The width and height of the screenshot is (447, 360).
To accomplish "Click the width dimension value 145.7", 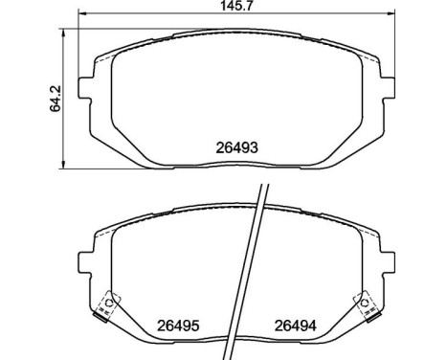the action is pyautogui.click(x=236, y=6).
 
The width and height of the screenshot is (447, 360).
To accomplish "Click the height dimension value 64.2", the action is pyautogui.click(x=56, y=99).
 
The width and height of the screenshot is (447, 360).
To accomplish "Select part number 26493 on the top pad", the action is pyautogui.click(x=236, y=147).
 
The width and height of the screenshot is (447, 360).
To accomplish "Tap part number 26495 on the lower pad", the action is pyautogui.click(x=178, y=326).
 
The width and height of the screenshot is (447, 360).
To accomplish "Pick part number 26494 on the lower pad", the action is pyautogui.click(x=296, y=326).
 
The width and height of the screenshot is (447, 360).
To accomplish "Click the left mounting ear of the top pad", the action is pyautogui.click(x=85, y=88).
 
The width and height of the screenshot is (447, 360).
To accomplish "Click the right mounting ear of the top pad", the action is pyautogui.click(x=388, y=88).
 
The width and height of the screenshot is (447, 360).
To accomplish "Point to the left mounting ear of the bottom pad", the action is pyautogui.click(x=85, y=262).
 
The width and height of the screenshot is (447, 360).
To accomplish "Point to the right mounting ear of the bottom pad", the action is pyautogui.click(x=388, y=262).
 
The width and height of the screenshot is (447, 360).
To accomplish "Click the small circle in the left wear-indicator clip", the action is pyautogui.click(x=109, y=303).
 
